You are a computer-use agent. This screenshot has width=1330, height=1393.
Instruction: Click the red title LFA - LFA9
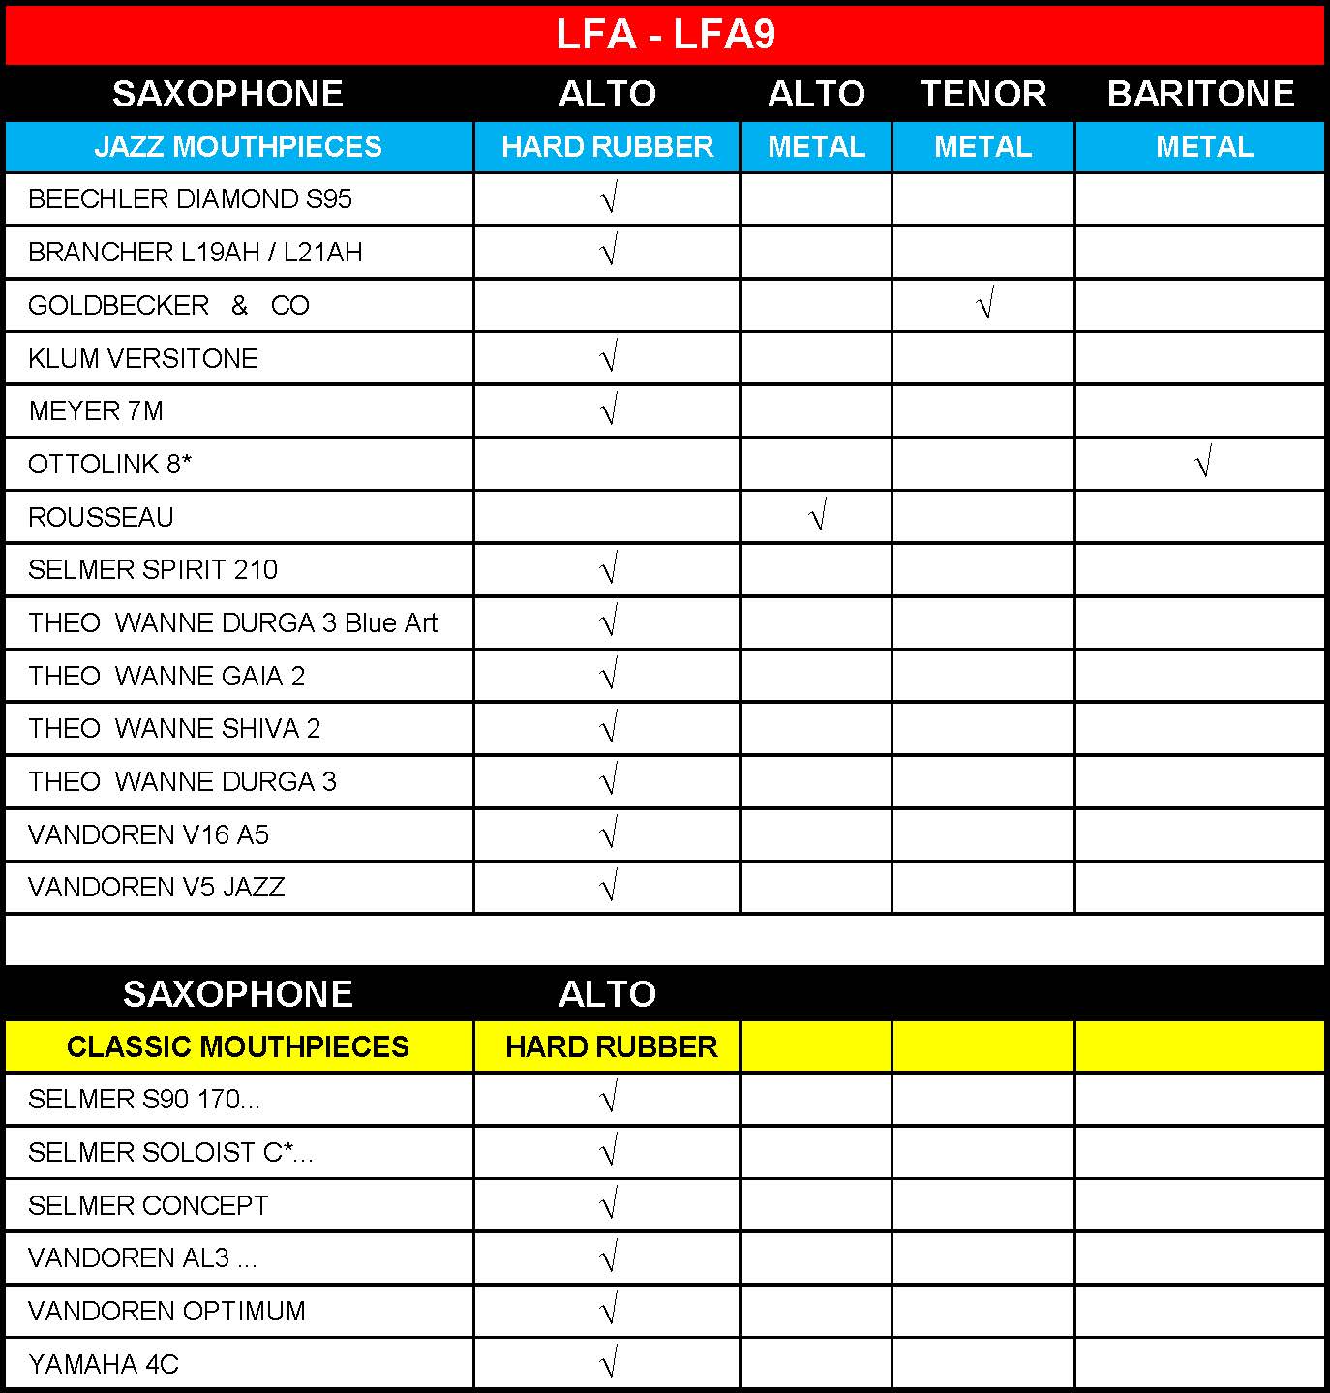pyautogui.click(x=665, y=35)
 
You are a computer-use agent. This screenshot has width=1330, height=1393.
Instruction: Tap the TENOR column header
pyautogui.click(x=982, y=94)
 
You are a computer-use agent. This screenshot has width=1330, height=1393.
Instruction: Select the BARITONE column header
pyautogui.click(x=1200, y=94)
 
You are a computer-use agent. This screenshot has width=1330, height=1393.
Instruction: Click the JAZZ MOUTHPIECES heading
pyautogui.click(x=238, y=147)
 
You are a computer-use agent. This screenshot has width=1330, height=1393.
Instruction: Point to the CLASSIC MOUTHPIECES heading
pyautogui.click(x=238, y=1047)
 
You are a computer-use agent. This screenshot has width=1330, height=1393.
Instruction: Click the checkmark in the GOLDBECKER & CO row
pyautogui.click(x=984, y=306)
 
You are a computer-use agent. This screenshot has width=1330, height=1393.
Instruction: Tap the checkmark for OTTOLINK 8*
pyautogui.click(x=1202, y=465)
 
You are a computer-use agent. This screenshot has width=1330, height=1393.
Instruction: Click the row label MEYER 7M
pyautogui.click(x=96, y=411)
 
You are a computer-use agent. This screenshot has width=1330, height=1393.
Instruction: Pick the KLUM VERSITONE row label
pyautogui.click(x=143, y=359)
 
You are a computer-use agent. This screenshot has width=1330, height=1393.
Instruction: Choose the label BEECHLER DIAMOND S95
pyautogui.click(x=190, y=199)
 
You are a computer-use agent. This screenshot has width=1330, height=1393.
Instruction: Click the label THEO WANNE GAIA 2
pyautogui.click(x=166, y=677)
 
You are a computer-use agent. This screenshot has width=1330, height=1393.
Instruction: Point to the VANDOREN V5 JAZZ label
pyautogui.click(x=157, y=888)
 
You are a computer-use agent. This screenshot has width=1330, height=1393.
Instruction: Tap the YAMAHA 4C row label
pyautogui.click(x=104, y=1365)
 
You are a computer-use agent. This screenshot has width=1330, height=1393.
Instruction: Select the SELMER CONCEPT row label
pyautogui.click(x=148, y=1206)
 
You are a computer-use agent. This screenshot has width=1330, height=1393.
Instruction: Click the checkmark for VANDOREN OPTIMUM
pyautogui.click(x=609, y=1312)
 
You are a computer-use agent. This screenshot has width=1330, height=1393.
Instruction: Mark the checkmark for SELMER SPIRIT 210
pyautogui.click(x=609, y=570)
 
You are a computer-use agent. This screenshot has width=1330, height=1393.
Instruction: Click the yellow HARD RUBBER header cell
pyautogui.click(x=611, y=1047)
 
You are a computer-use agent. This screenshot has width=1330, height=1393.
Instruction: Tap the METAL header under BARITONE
pyautogui.click(x=1204, y=147)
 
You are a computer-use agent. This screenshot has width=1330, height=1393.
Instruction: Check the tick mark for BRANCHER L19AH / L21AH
pyautogui.click(x=609, y=253)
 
